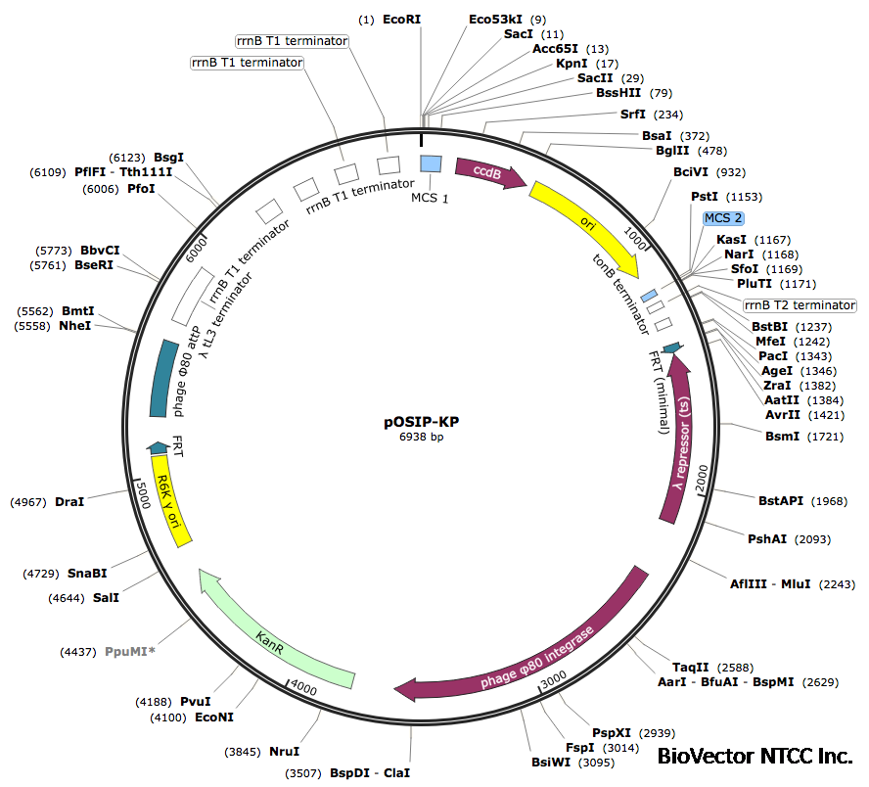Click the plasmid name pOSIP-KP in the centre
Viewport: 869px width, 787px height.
pos(421,422)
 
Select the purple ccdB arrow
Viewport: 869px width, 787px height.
pos(489,172)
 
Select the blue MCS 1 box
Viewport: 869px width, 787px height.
pos(430,165)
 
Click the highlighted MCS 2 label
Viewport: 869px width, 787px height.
pos(723,217)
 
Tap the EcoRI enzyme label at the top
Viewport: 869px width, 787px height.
pos(402,19)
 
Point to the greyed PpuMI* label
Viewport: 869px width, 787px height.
pos(130,650)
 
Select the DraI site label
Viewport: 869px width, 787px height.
pos(69,501)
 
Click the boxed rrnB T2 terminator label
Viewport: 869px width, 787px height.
pos(800,305)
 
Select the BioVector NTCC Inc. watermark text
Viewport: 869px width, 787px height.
pos(755,756)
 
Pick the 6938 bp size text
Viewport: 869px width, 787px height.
pos(421,437)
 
